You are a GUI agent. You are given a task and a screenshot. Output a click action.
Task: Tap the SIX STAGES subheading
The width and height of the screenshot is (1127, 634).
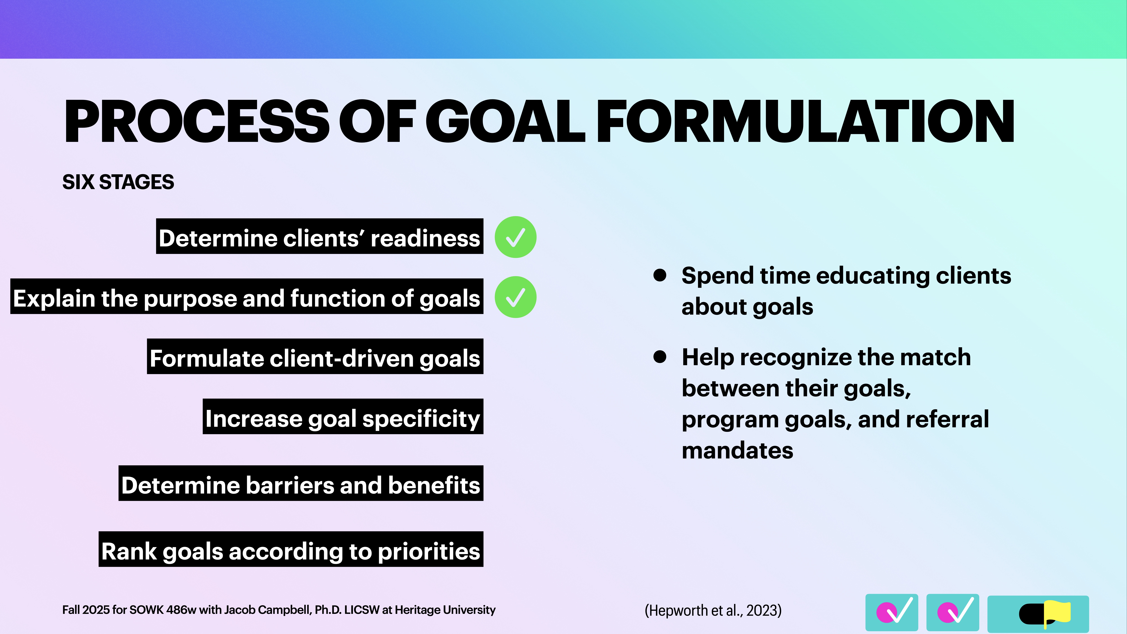pos(118,182)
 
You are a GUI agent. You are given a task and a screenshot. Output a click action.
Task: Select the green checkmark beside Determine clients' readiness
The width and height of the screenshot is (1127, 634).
pos(515,237)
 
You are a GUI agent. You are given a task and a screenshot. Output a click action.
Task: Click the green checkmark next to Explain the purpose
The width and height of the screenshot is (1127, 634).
pos(515,297)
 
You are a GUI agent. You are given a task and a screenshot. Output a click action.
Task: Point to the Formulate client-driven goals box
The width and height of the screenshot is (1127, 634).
pos(315,357)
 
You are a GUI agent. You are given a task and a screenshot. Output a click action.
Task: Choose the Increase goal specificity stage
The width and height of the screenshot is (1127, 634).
pos(343,417)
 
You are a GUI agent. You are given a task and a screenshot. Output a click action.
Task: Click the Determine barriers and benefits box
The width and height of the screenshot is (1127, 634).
pos(301,484)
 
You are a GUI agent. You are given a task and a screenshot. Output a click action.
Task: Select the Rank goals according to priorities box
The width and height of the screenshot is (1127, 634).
pos(291,550)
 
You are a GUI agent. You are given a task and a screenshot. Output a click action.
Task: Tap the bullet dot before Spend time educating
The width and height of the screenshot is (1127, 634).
pos(660,275)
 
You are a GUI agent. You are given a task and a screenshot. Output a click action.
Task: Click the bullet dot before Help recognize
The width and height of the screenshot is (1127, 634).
pos(660,357)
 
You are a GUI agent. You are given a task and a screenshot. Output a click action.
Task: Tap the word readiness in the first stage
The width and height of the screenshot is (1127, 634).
pos(425,239)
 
